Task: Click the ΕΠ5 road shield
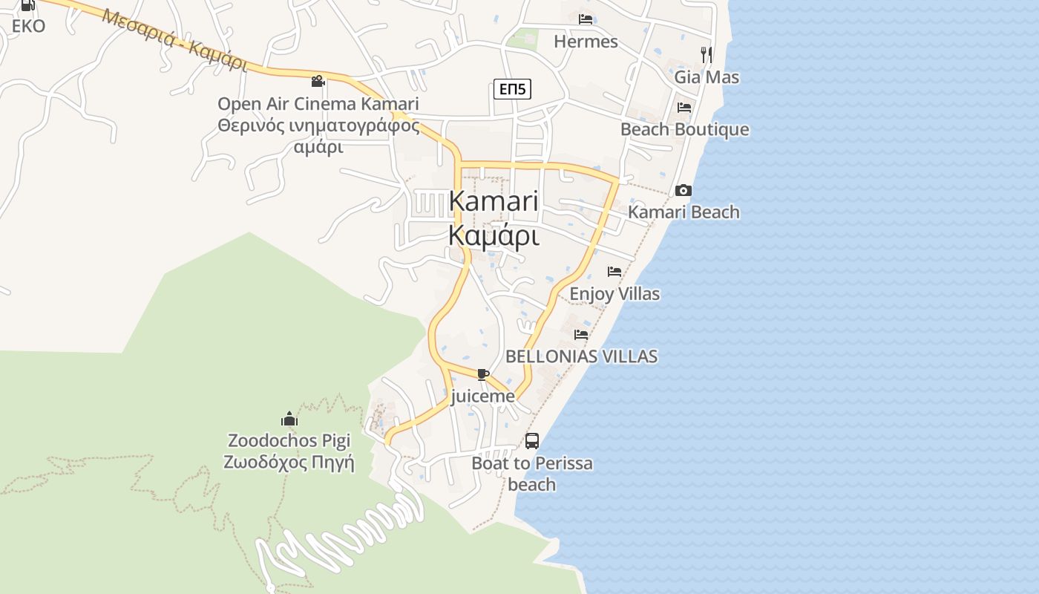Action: (512, 90)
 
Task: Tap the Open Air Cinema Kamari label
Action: (318, 103)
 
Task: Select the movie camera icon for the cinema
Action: (318, 81)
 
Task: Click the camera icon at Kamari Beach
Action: (684, 191)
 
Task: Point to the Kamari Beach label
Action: (684, 212)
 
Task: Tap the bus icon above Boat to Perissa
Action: (532, 441)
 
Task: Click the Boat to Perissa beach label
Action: (532, 474)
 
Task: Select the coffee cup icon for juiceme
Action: (483, 375)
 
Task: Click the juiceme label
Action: (482, 396)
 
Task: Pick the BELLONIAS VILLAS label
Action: (581, 356)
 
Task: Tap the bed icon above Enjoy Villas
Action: (614, 272)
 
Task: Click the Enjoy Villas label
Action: (614, 294)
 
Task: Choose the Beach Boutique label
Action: (684, 130)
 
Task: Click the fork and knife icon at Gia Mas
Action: (707, 54)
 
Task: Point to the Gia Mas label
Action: (707, 77)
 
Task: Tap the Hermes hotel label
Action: (586, 42)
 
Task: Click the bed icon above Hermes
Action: (586, 19)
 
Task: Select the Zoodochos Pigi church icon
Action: (289, 420)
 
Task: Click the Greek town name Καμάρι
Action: (494, 236)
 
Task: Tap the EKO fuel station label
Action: (28, 26)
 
